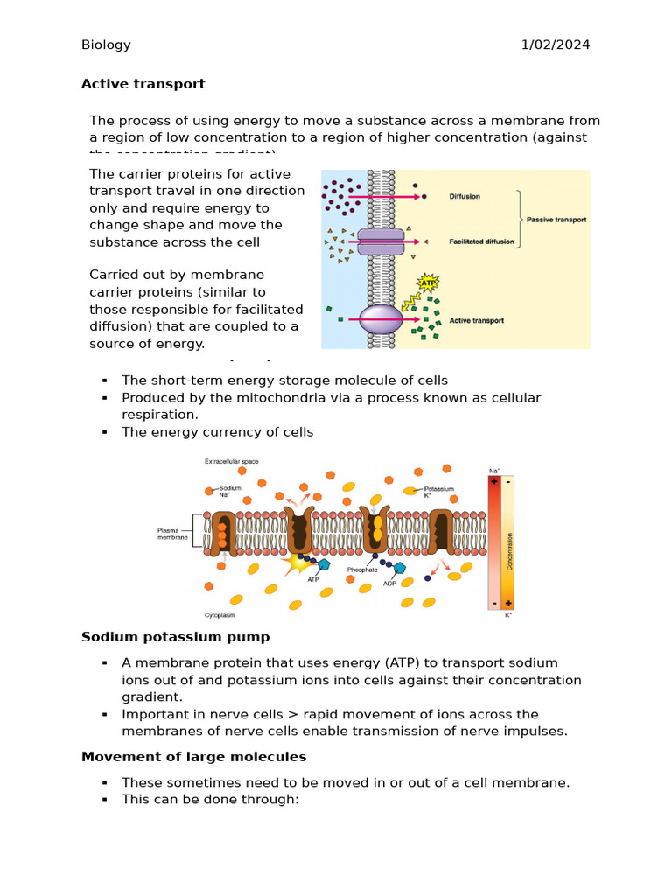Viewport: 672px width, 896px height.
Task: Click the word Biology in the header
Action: coord(106,45)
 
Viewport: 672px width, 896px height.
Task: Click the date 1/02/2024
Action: coord(556,45)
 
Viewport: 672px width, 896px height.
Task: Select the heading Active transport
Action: coord(143,84)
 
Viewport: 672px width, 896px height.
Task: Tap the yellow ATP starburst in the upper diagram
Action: coord(428,283)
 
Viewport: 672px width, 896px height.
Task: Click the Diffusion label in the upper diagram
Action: coord(465,197)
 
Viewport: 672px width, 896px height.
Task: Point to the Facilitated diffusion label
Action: coord(479,241)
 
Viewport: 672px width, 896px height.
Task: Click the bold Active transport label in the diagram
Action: coord(476,321)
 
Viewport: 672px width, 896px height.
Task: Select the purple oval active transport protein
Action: coord(381,319)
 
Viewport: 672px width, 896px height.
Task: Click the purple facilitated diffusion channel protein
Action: coord(381,242)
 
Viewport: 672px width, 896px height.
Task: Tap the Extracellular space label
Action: coord(232,461)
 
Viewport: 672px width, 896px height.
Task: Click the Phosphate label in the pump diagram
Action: coord(361,570)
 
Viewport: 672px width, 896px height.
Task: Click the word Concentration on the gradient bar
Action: coord(509,542)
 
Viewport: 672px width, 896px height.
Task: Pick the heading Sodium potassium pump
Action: coord(175,637)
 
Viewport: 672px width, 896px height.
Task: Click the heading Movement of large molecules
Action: coord(193,757)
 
